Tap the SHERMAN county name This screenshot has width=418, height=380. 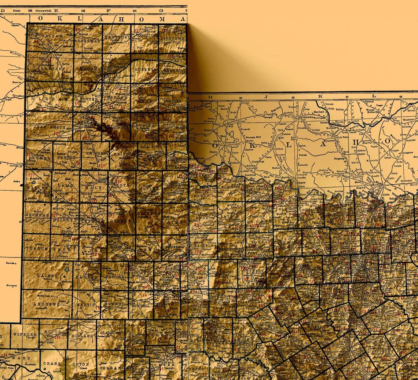click(88, 41)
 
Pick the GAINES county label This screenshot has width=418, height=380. click(47, 275)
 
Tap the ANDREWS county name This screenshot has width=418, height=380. click(46, 304)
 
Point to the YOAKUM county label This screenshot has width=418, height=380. click(37, 248)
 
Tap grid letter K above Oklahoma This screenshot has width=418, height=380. click(319, 96)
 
